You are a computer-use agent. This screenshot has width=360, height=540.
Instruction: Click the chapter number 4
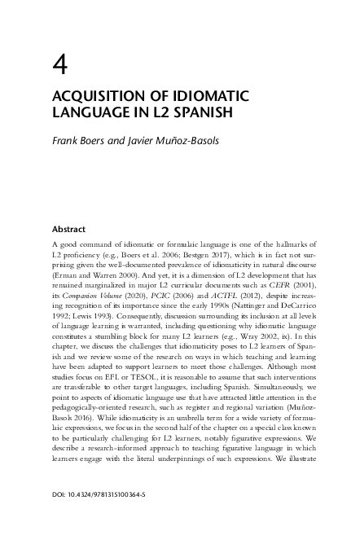click(59, 63)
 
